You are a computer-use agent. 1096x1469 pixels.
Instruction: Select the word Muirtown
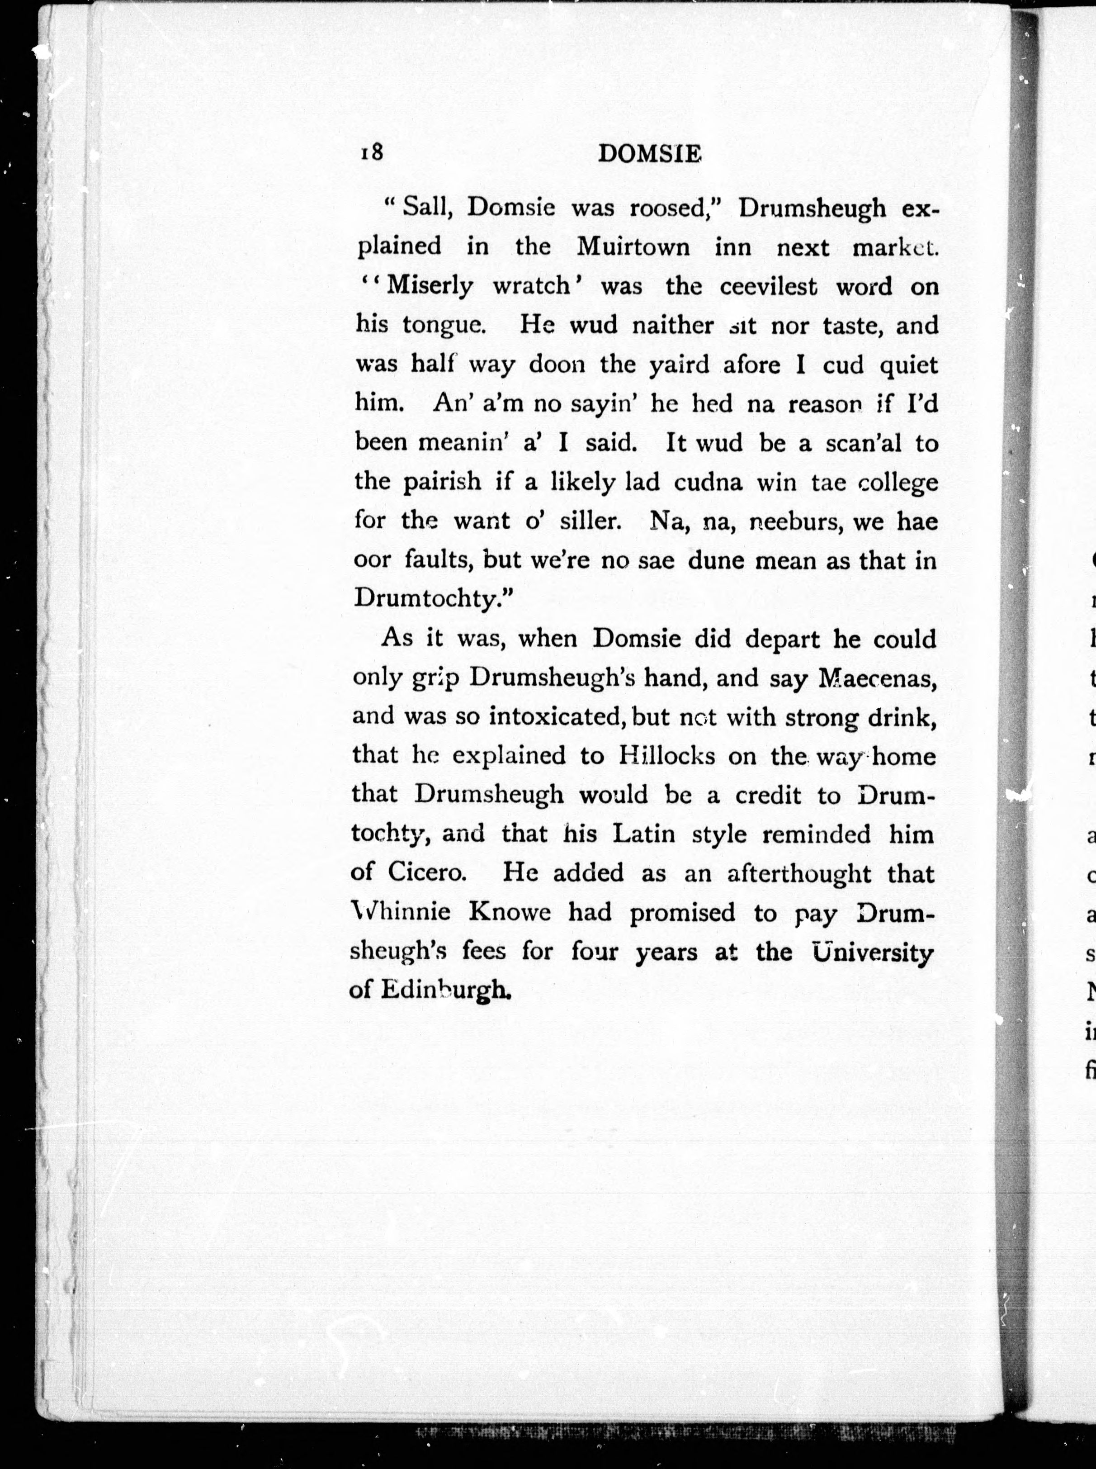tap(633, 247)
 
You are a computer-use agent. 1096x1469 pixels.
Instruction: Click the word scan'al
tap(863, 443)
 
